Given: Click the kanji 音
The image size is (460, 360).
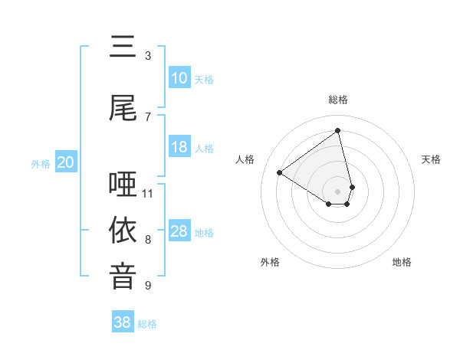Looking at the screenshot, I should click(123, 277).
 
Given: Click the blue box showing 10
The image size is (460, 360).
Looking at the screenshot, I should click(179, 78).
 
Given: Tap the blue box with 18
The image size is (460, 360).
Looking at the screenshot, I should click(179, 148).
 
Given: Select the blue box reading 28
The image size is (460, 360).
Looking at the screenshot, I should click(179, 232).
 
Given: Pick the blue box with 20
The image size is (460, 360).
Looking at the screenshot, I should click(65, 162).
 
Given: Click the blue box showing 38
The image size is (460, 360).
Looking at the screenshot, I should click(123, 322).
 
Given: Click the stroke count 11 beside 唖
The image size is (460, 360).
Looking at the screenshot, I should click(148, 193).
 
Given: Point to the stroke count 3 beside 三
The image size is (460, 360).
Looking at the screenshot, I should click(148, 55).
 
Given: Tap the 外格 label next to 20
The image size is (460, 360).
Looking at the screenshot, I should click(41, 163).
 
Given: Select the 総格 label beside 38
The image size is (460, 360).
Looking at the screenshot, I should click(147, 324).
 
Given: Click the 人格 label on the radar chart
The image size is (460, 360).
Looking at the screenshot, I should click(245, 159).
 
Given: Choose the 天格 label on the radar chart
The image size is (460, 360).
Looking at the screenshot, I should click(431, 159).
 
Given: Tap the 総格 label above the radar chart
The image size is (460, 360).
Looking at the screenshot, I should click(338, 100).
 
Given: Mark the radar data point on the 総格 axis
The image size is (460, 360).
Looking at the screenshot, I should click(338, 130).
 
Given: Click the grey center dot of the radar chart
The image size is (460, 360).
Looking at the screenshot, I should click(338, 191).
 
